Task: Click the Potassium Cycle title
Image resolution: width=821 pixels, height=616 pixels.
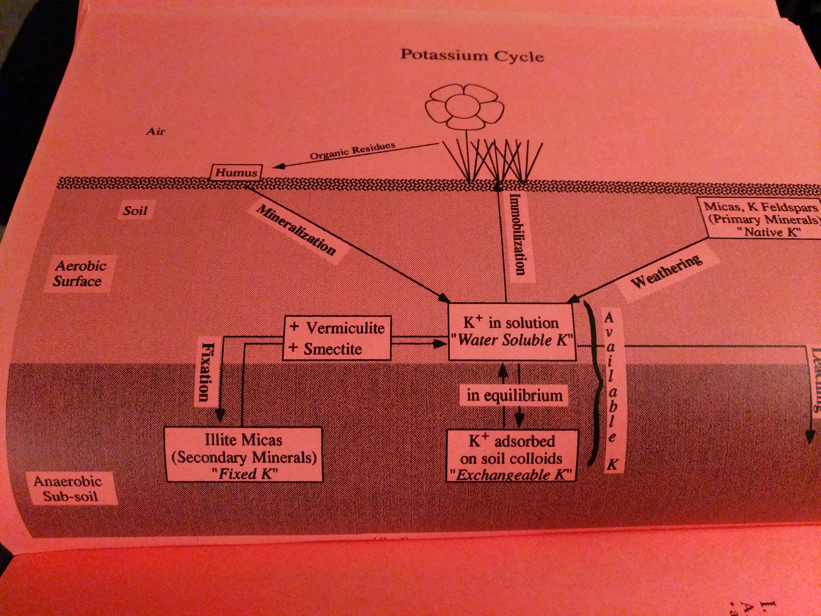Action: pyautogui.click(x=472, y=56)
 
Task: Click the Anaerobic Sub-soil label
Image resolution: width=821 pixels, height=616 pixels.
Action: pyautogui.click(x=69, y=489)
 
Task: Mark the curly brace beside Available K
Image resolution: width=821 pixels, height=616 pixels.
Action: pyautogui.click(x=593, y=382)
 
